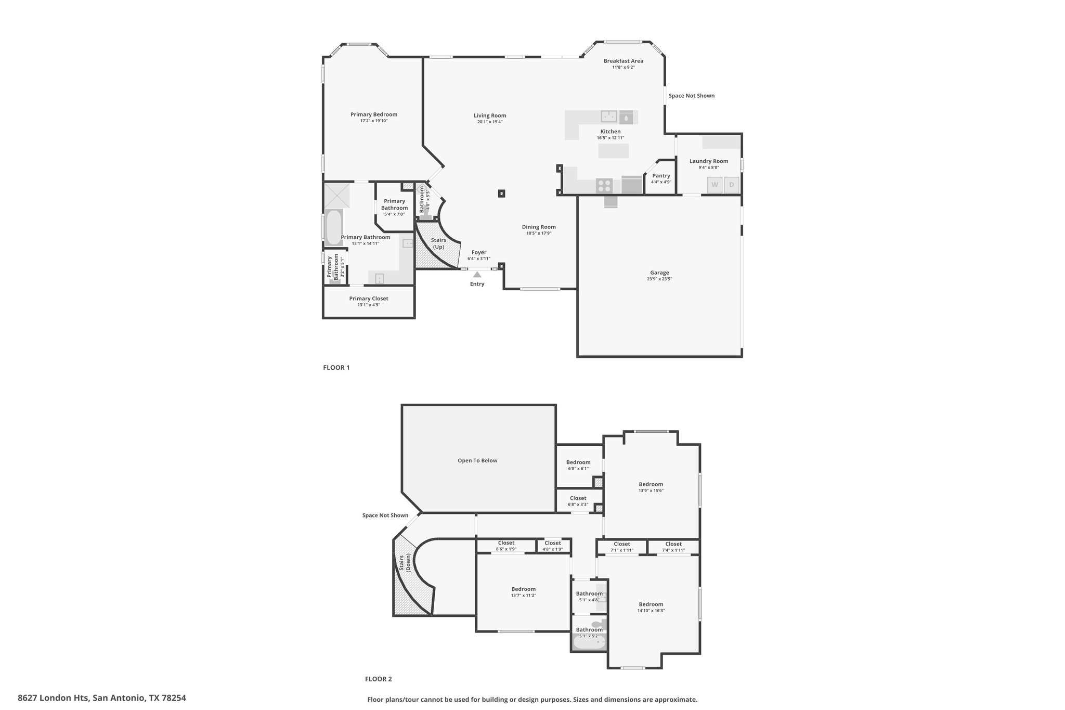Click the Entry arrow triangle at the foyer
pyautogui.click(x=477, y=274)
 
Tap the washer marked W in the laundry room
pyautogui.click(x=715, y=185)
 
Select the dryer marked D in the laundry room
pyautogui.click(x=732, y=185)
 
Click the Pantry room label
pyautogui.click(x=661, y=176)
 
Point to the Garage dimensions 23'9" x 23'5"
pyautogui.click(x=659, y=279)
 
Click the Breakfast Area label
pyautogui.click(x=624, y=61)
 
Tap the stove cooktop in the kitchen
pyautogui.click(x=604, y=185)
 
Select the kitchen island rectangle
pyautogui.click(x=614, y=151)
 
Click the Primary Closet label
pyautogui.click(x=369, y=299)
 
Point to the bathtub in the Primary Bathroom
pyautogui.click(x=333, y=227)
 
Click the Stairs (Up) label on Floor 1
pyautogui.click(x=439, y=243)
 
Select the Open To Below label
pyautogui.click(x=477, y=460)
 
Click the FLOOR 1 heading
pyautogui.click(x=336, y=368)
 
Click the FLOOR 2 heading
pyautogui.click(x=379, y=679)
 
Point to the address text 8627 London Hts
pyautogui.click(x=54, y=698)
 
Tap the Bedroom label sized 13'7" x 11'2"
pyautogui.click(x=523, y=589)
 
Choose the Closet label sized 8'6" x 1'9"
pyautogui.click(x=506, y=543)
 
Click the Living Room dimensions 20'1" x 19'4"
pyautogui.click(x=490, y=122)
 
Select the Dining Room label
pyautogui.click(x=539, y=227)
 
